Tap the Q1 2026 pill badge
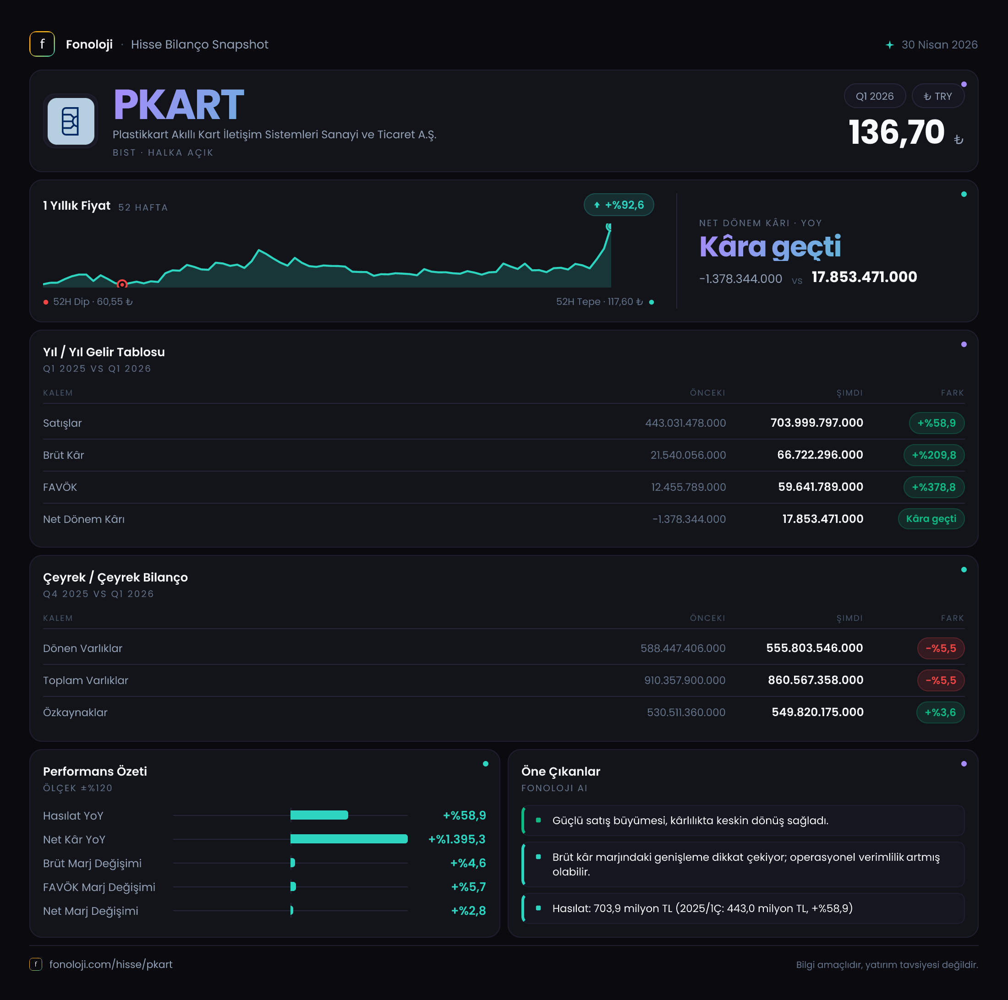coord(874,96)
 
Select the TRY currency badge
coord(937,96)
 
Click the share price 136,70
coord(896,132)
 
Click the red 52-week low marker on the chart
coord(122,284)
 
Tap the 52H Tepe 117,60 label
coord(599,302)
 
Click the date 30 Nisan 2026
coord(939,45)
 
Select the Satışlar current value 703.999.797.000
coord(816,423)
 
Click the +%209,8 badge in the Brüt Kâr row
coord(933,455)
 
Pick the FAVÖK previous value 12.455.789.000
coord(688,487)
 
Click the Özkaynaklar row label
coord(75,712)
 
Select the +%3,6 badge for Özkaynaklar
coord(940,712)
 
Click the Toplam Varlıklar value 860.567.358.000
coord(816,680)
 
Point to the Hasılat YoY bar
coord(319,815)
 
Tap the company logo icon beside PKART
coord(71,121)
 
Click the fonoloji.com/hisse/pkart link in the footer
coord(110,965)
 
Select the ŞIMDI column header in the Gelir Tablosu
coord(849,392)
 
